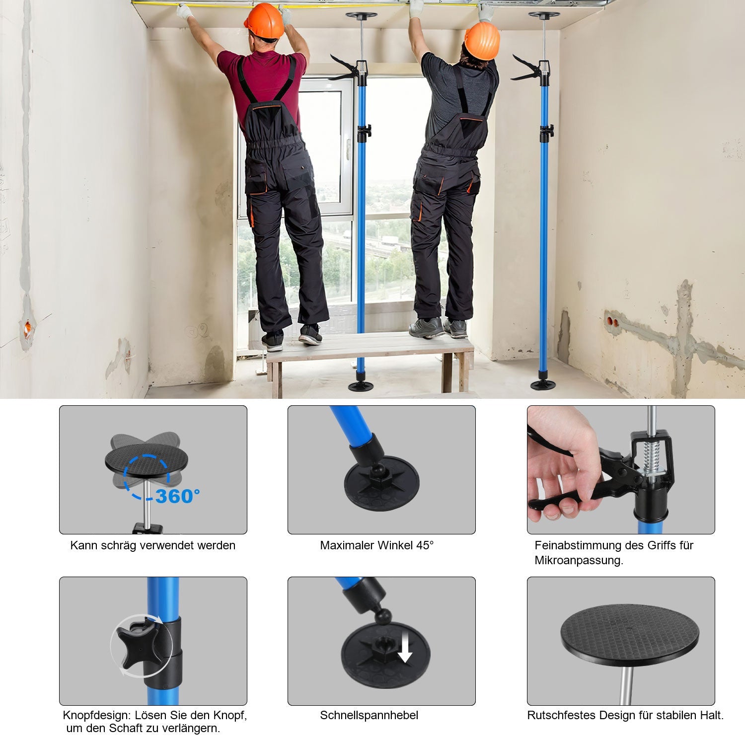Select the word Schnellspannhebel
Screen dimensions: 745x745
tap(369, 715)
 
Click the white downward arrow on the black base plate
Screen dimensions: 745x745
tap(405, 649)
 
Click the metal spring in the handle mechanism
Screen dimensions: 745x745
tap(652, 457)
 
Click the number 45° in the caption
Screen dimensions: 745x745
tap(425, 545)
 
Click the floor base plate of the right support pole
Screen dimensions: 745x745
tap(543, 385)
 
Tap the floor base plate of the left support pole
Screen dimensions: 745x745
tap(361, 386)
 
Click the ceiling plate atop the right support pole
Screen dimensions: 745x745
tap(544, 15)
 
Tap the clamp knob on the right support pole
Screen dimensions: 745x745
tap(547, 132)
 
